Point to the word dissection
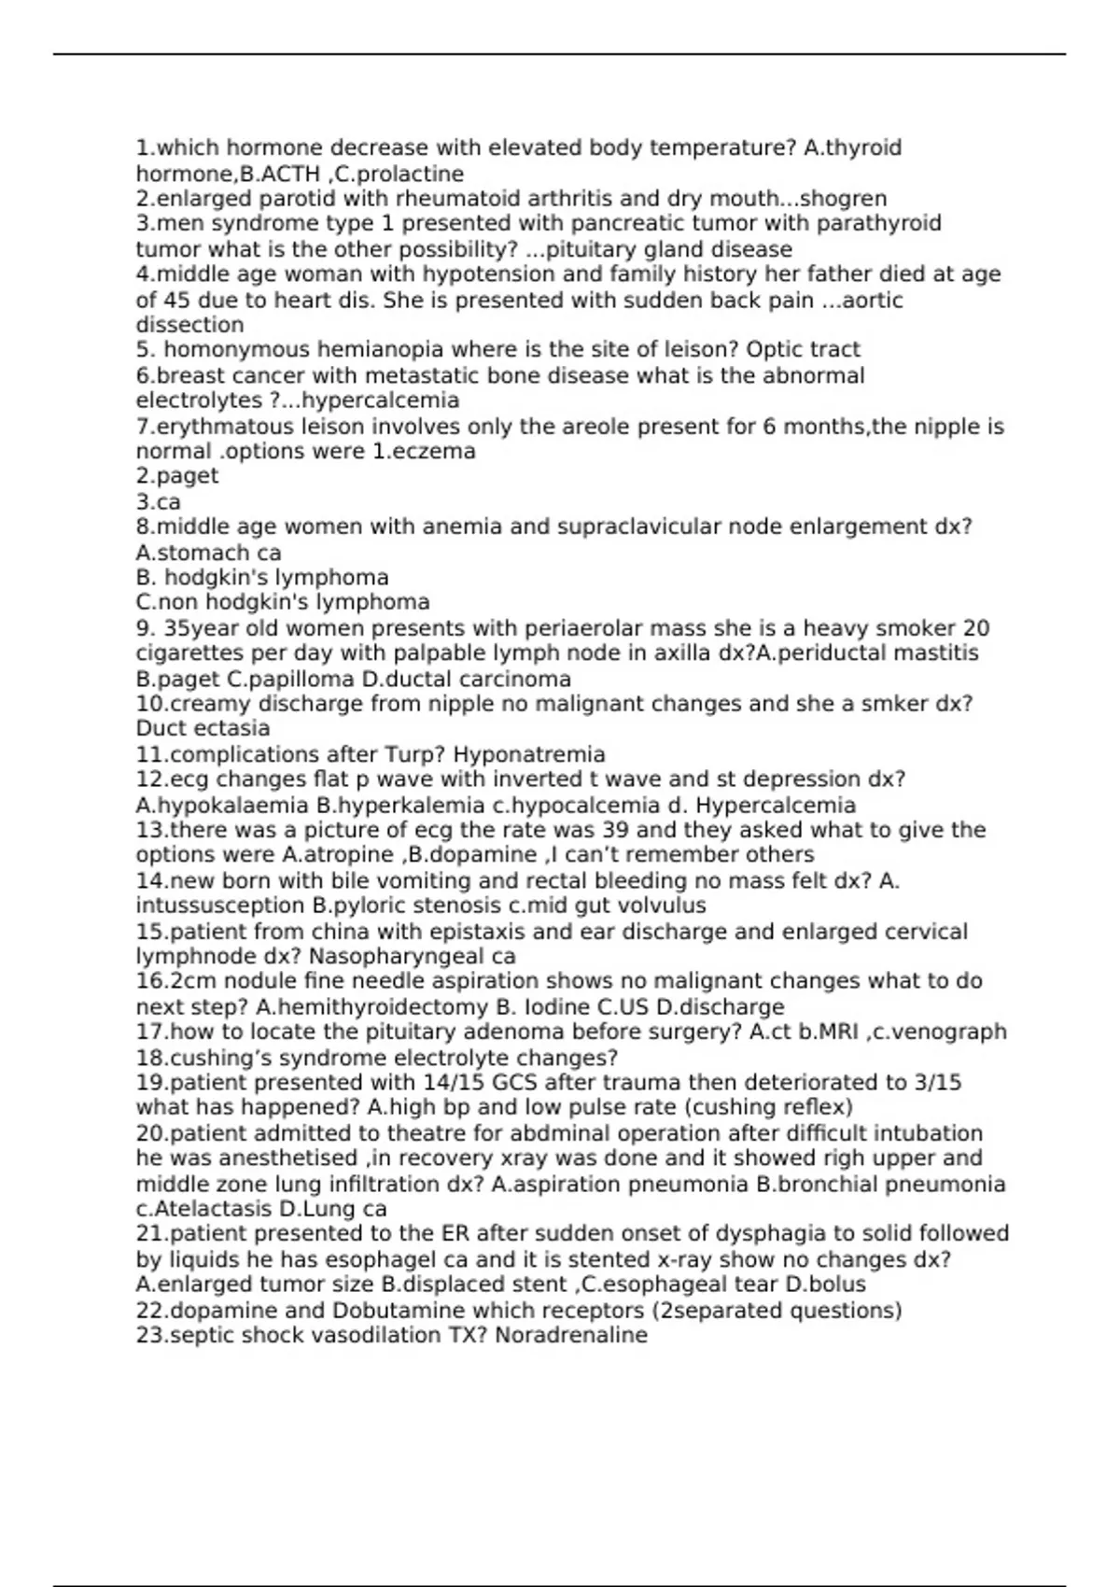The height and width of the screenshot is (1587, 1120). pyautogui.click(x=189, y=325)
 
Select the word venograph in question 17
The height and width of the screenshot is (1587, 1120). pyautogui.click(x=954, y=1032)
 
